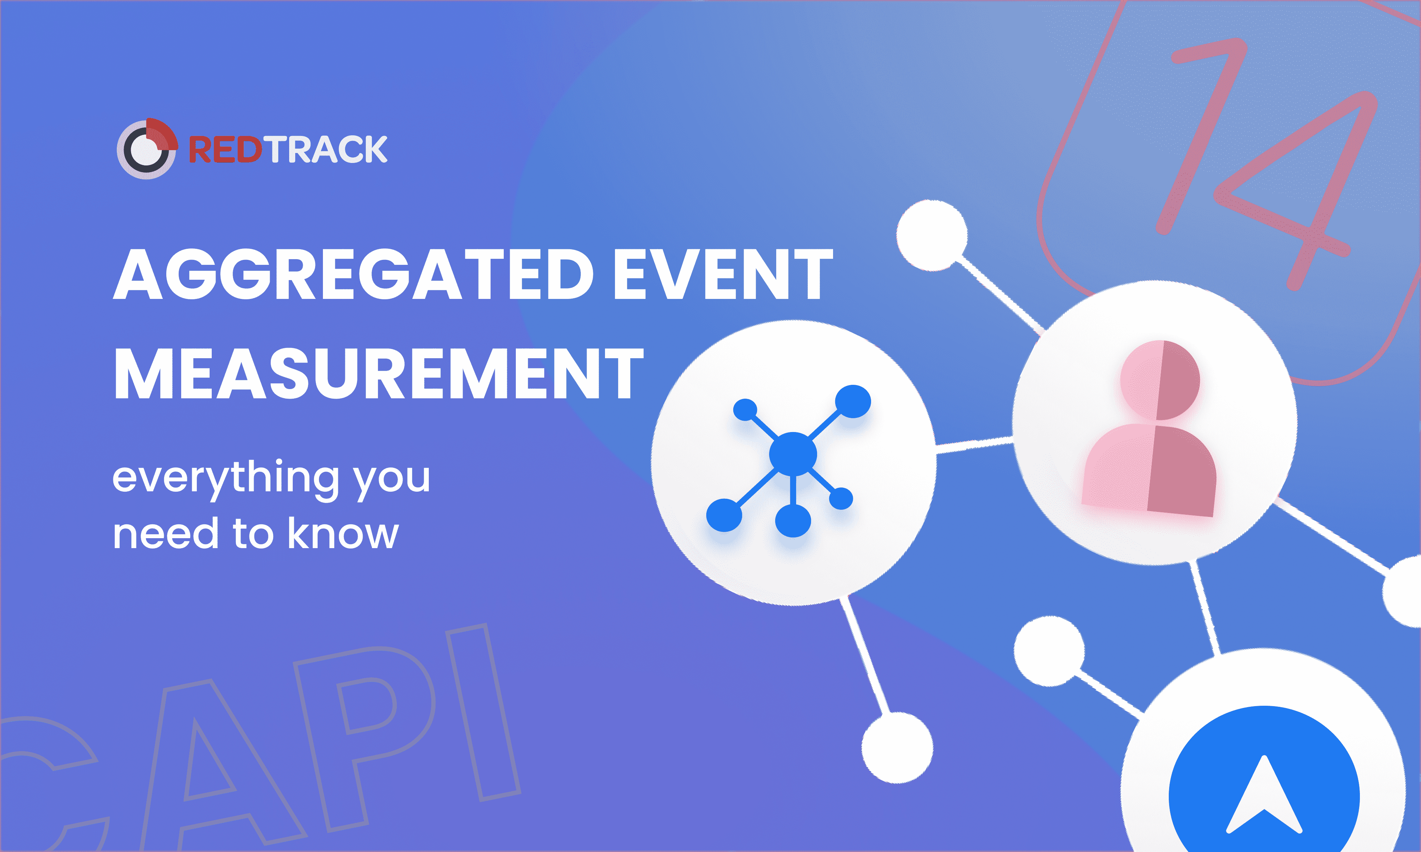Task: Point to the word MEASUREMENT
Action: (378, 374)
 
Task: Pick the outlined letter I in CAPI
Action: (483, 712)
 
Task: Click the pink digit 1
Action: (1200, 136)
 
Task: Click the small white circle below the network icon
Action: (897, 748)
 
